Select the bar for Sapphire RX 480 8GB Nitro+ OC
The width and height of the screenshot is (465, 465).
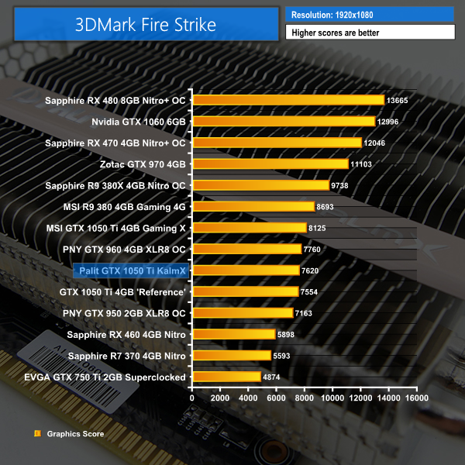click(x=288, y=100)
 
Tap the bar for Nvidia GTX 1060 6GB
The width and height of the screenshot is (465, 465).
click(x=284, y=121)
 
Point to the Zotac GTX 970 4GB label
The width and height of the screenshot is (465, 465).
click(x=143, y=164)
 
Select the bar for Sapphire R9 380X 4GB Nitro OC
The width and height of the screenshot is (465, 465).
click(x=260, y=185)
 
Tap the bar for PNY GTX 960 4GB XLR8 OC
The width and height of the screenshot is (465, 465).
click(x=246, y=249)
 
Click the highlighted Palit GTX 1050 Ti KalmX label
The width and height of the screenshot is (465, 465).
click(x=129, y=270)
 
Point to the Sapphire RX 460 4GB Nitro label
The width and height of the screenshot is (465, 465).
click(x=126, y=334)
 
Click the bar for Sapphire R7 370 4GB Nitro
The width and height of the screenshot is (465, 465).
click(x=231, y=355)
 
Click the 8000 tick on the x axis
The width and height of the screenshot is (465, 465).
click(x=305, y=398)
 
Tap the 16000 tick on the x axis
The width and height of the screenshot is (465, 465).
click(x=416, y=398)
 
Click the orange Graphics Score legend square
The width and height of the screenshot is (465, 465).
click(x=36, y=434)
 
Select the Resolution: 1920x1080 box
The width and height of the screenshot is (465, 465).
click(x=370, y=14)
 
